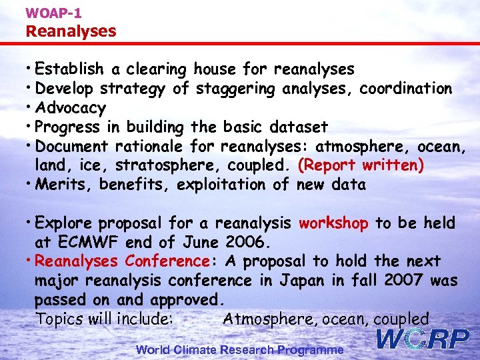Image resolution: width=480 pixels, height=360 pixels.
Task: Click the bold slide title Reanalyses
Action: [71, 31]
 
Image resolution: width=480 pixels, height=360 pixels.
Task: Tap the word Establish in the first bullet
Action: [69, 69]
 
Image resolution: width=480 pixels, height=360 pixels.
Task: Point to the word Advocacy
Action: [70, 107]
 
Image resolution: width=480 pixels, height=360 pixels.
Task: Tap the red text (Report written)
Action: [361, 165]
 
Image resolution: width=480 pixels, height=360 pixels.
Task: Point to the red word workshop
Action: [333, 223]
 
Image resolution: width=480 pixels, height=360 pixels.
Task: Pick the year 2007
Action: [402, 280]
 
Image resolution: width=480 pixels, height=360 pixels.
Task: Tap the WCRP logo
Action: [423, 339]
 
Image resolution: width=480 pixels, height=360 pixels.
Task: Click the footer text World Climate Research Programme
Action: [240, 349]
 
